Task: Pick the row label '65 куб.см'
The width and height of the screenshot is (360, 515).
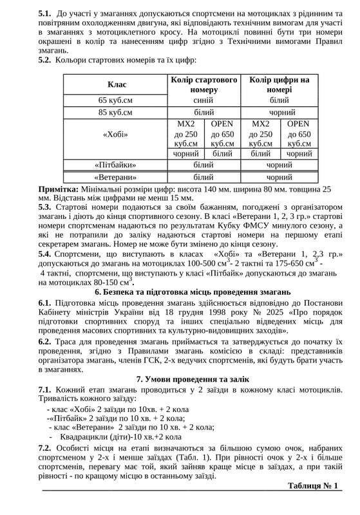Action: click(x=117, y=100)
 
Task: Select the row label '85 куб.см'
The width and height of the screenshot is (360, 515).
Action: click(x=117, y=112)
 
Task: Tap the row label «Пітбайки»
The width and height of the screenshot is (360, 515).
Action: click(x=117, y=165)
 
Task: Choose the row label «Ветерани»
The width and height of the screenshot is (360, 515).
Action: click(x=117, y=176)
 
